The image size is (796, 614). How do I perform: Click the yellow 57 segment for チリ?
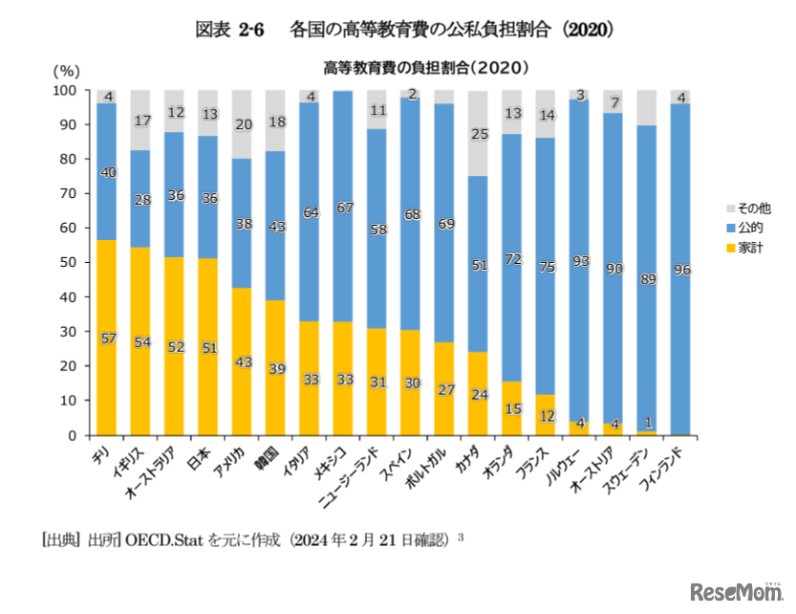tap(107, 338)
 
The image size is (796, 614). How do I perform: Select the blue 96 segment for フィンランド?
tap(680, 269)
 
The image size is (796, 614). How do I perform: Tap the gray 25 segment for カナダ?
tap(478, 134)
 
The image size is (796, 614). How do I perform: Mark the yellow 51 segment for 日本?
tap(207, 347)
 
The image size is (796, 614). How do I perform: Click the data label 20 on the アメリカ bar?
tap(242, 124)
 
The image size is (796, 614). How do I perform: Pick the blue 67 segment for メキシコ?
tap(343, 207)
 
